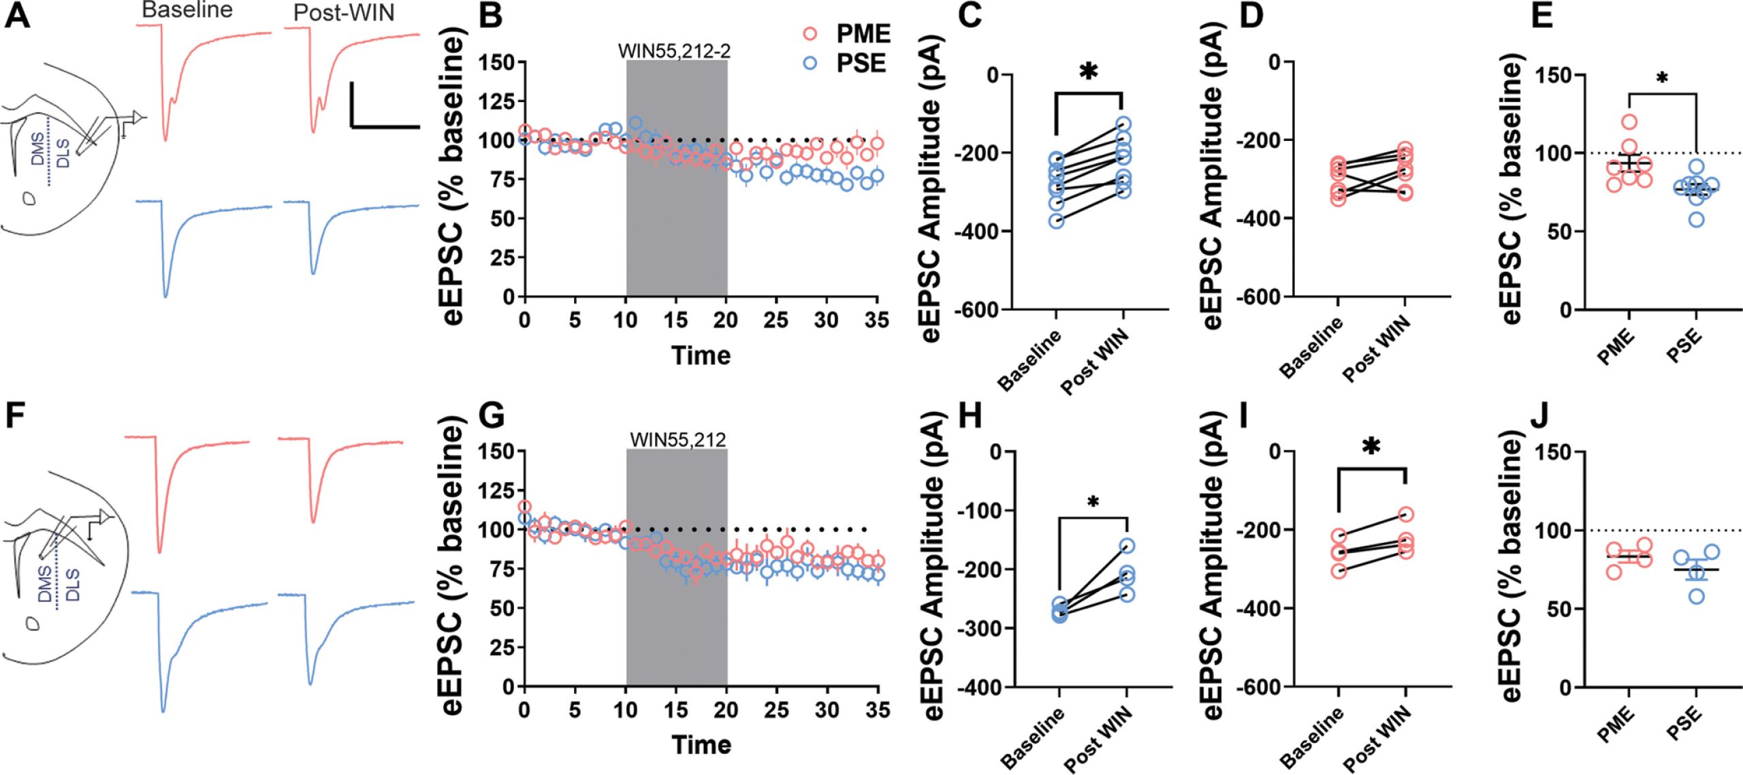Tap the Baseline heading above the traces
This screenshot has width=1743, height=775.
187,10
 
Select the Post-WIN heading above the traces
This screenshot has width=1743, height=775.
344,13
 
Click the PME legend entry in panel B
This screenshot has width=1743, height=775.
863,34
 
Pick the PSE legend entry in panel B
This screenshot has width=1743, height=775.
861,63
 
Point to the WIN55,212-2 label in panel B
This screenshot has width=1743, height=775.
674,51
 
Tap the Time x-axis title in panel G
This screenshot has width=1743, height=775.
701,744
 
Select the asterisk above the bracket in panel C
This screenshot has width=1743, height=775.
1089,71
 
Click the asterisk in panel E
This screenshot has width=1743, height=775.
1662,78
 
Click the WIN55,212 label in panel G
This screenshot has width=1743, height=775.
677,440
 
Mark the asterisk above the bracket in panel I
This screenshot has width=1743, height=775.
1371,447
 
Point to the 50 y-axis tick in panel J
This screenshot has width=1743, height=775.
1553,609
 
